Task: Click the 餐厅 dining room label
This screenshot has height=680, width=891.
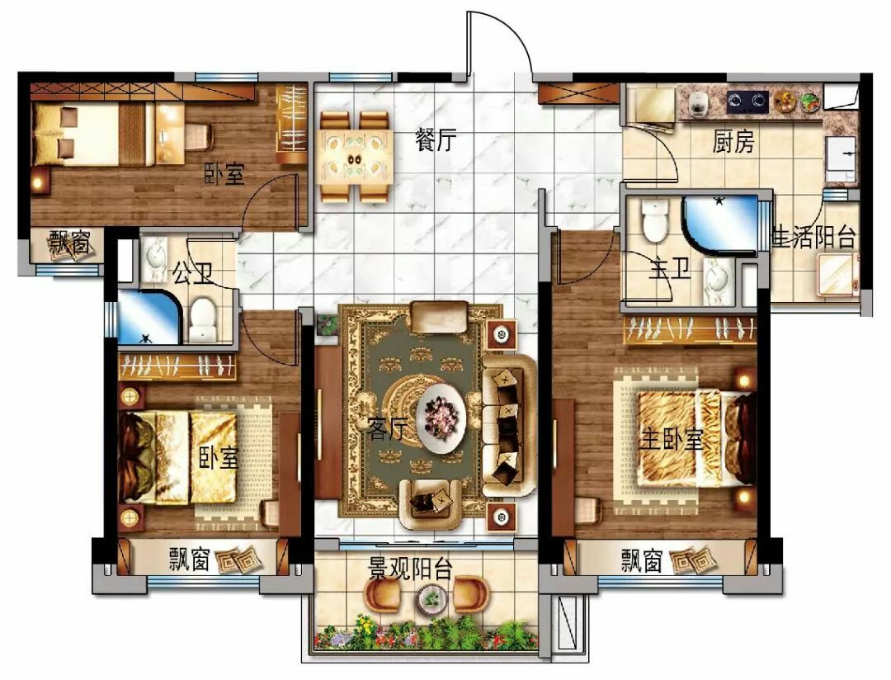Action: (436, 139)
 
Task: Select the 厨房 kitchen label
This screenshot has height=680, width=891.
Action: (733, 141)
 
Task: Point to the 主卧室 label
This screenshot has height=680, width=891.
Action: (672, 439)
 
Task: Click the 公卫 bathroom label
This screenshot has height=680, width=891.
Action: (192, 272)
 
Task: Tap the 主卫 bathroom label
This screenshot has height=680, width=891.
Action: (671, 268)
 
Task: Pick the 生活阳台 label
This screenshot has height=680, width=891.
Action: (813, 237)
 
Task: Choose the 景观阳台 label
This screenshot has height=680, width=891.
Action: (410, 568)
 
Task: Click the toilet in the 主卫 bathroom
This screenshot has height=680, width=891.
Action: (654, 220)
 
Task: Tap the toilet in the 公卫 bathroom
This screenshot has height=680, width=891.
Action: (202, 319)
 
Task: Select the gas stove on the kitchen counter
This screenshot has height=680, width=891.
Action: (747, 102)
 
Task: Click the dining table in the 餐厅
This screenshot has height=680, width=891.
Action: (356, 156)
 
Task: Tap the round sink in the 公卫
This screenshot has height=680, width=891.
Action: (153, 259)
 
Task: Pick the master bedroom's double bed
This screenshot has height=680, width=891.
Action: (696, 438)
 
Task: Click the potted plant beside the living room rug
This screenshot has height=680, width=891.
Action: (326, 324)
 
